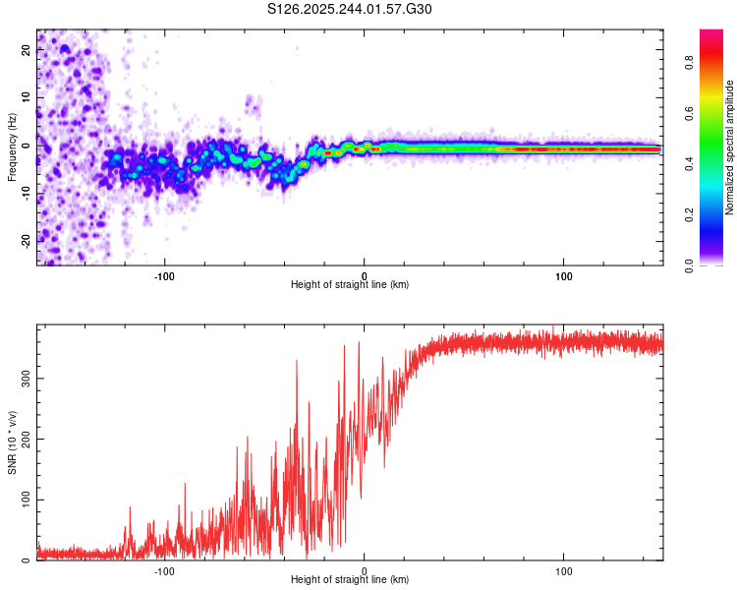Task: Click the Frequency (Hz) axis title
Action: tap(12, 147)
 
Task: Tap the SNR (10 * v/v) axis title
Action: tap(12, 442)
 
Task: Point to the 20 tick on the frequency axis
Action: tap(27, 52)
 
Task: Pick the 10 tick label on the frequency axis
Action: tap(27, 98)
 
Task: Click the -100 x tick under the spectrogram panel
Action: tap(164, 274)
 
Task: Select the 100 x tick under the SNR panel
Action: tap(564, 570)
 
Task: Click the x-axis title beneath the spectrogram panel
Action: tap(350, 285)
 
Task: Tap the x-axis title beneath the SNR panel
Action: tap(350, 581)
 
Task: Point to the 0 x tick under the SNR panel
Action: tap(365, 570)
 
